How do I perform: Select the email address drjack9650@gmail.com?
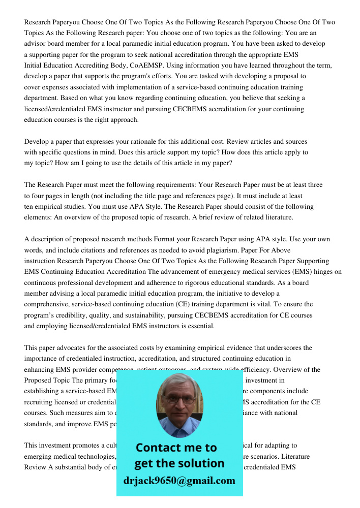click(x=179, y=481)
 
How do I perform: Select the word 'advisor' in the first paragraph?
click(x=35, y=44)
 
